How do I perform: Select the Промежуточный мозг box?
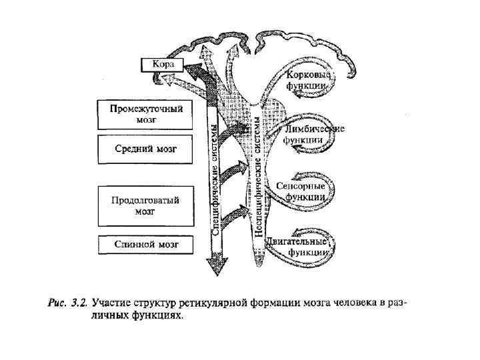pos(145,115)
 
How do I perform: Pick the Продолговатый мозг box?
pos(145,206)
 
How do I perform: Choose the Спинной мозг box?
pos(145,245)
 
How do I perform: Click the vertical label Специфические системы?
pos(215,177)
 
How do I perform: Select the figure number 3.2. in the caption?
pos(80,303)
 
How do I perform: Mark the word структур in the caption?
pos(157,303)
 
